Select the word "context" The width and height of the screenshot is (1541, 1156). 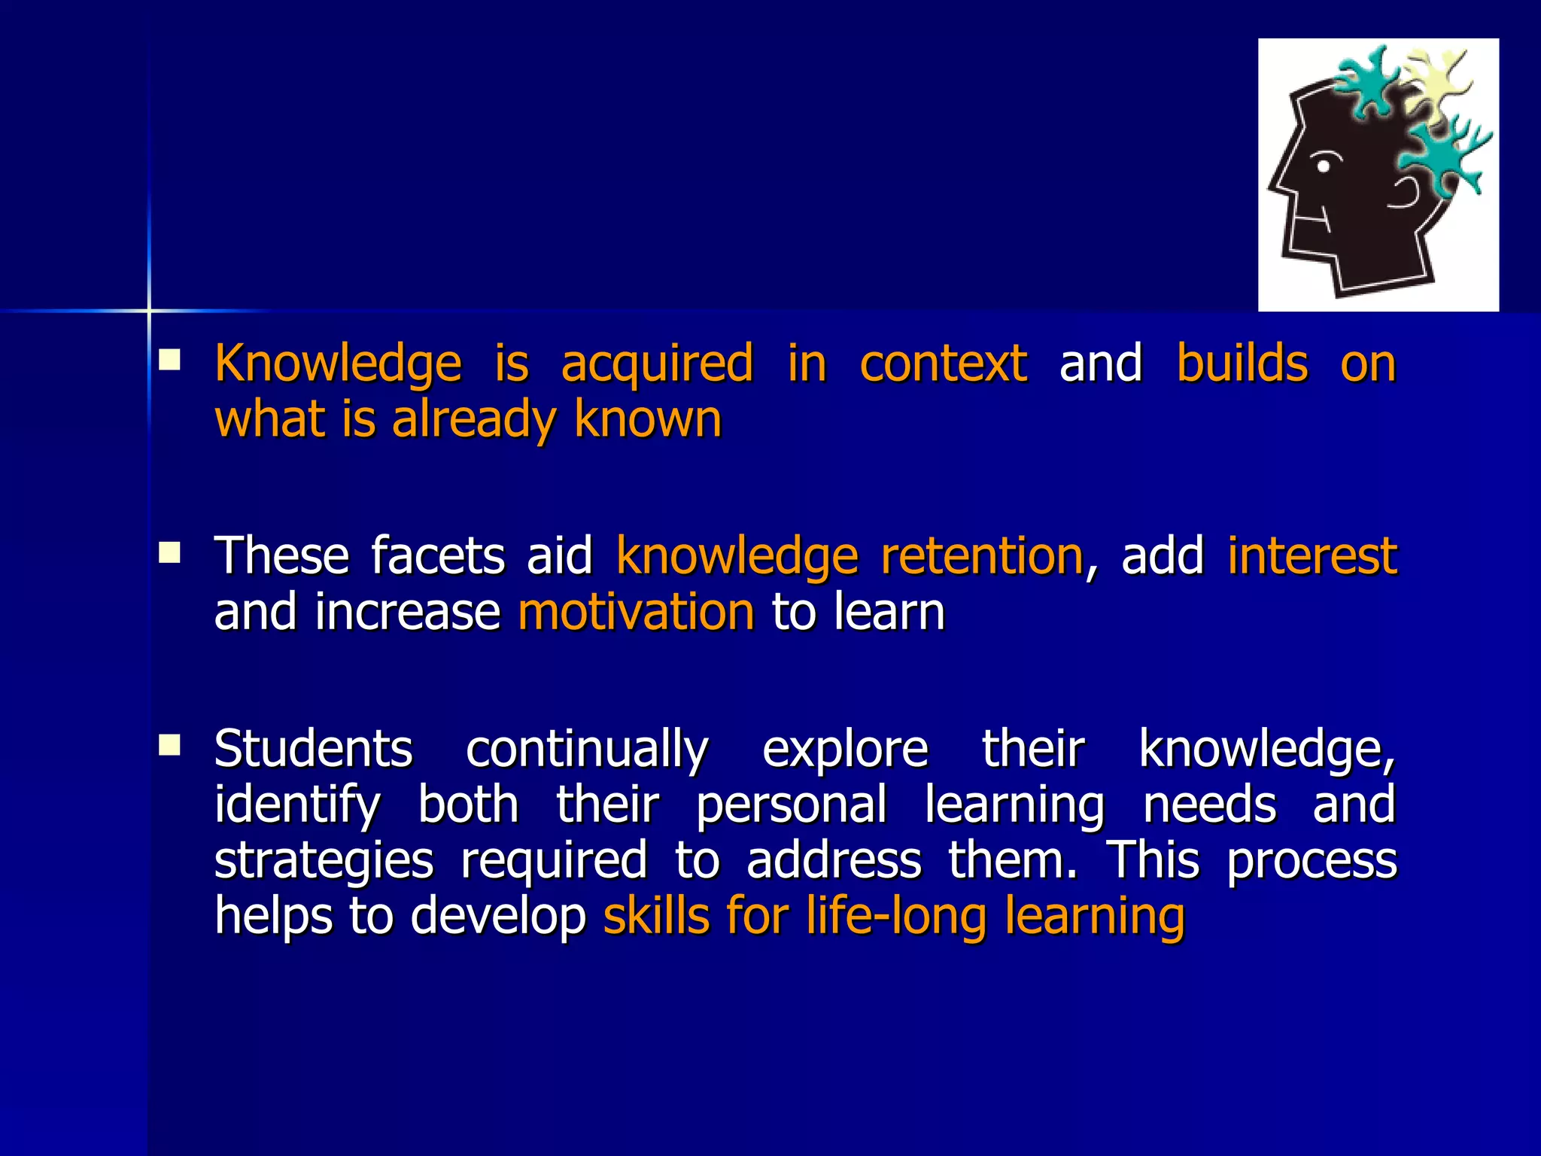943,364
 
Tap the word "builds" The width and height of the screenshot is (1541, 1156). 1242,364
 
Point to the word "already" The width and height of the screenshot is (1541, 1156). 473,420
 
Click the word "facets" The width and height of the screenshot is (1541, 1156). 438,556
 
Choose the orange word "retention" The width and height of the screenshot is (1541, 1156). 981,556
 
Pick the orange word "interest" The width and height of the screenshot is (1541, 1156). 1312,556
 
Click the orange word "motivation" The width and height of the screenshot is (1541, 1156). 636,612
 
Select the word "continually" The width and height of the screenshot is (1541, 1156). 587,750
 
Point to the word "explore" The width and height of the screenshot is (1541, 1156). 845,750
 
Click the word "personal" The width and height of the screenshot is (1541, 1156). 792,805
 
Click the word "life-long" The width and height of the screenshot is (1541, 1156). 896,917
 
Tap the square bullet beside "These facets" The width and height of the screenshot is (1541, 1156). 169,553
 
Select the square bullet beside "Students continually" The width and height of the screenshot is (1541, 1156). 169,746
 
